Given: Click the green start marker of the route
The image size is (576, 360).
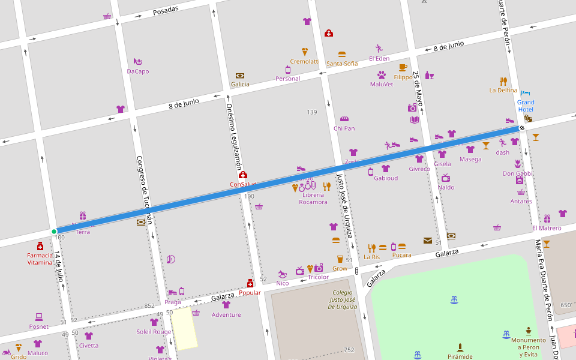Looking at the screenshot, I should (54, 232).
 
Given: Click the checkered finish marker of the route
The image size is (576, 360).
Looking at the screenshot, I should (522, 127).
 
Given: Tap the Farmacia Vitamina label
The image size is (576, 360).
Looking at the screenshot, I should (40, 259).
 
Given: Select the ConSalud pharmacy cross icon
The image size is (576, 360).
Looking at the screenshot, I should (243, 175).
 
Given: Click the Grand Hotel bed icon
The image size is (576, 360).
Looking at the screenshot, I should (526, 93).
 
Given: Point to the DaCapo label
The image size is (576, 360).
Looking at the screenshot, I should (138, 71).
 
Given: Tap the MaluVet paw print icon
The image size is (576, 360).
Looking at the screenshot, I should (382, 75).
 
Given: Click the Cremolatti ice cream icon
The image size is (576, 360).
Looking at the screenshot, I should (305, 52).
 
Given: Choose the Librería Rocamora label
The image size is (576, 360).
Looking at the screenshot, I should (313, 198).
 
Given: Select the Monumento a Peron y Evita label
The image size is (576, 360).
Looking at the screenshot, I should (528, 347).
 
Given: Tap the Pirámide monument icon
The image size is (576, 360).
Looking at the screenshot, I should (460, 347).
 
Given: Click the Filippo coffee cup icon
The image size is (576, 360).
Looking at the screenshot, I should (403, 68).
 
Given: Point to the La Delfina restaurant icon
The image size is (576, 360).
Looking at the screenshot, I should (503, 81).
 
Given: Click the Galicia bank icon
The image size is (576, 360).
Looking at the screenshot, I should (240, 76).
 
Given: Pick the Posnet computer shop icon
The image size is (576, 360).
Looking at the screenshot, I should (39, 316).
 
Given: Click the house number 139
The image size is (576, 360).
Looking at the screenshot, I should (312, 112).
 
